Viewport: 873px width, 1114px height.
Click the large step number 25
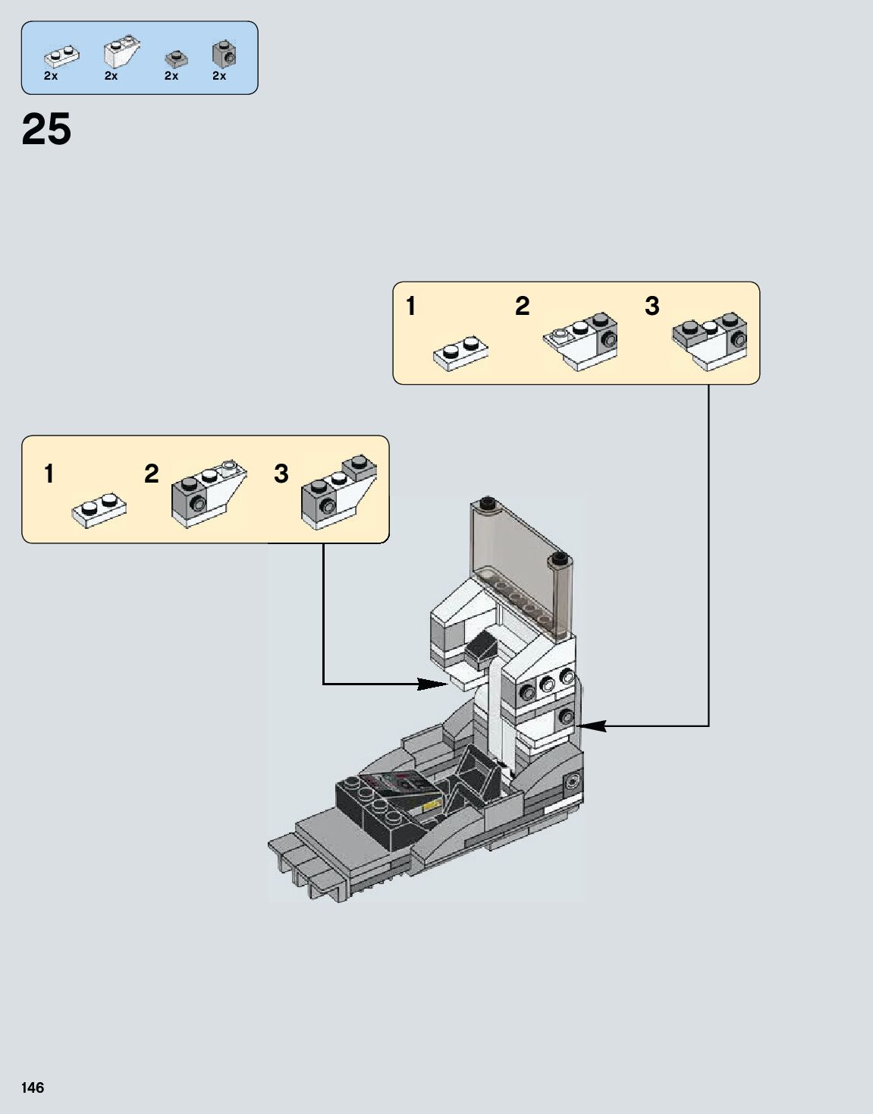46,129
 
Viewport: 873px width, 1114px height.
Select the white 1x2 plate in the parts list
61,55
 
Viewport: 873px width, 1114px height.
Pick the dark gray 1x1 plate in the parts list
175,58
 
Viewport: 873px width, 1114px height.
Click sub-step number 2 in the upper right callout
522,306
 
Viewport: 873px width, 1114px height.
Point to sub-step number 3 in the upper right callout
652,306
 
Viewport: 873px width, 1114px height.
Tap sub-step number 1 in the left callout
49,474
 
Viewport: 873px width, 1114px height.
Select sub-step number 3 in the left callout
281,474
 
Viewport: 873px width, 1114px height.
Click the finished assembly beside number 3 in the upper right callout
711,340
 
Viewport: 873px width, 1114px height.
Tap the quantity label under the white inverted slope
111,76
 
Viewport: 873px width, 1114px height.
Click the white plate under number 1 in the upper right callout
460,354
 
